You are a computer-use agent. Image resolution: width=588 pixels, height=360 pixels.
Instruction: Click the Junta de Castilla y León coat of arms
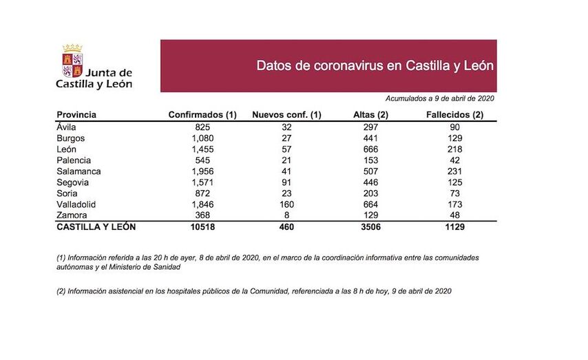[x=73, y=60]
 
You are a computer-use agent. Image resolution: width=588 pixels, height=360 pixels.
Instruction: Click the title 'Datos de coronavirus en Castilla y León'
[x=375, y=66]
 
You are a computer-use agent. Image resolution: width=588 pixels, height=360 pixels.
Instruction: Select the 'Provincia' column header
[x=76, y=115]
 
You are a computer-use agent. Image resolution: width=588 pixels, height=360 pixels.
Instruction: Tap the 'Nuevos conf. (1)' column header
[x=287, y=115]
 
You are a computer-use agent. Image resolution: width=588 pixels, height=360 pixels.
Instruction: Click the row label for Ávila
[x=67, y=127]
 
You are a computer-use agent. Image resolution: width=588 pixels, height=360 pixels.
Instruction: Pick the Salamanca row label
[x=78, y=171]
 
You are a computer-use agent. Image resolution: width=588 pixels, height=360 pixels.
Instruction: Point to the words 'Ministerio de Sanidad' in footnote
[x=154, y=266]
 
